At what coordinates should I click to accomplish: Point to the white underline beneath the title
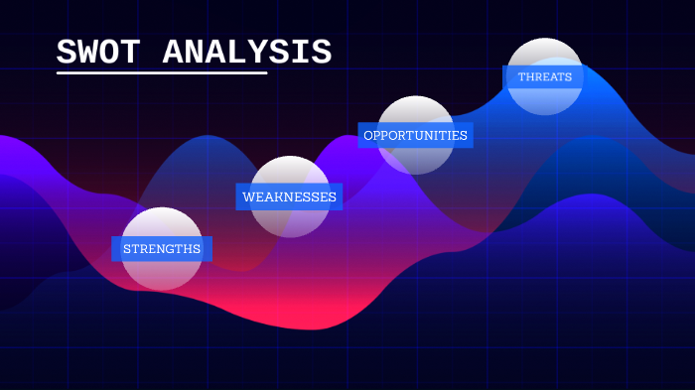(x=162, y=72)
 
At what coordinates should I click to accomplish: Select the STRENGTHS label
(x=162, y=248)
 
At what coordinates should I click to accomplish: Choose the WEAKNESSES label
(x=289, y=196)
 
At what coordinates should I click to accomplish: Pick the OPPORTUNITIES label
(x=415, y=135)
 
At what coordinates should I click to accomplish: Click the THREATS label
(x=544, y=76)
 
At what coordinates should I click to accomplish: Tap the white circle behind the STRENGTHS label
(x=162, y=270)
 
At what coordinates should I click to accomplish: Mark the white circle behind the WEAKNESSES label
(x=289, y=220)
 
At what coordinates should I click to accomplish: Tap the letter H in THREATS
(x=530, y=76)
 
